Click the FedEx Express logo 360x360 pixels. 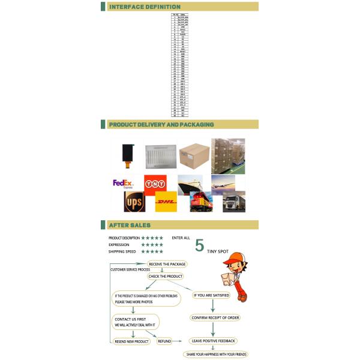(x=123, y=183)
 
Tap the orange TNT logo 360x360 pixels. (x=155, y=182)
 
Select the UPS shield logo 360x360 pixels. (x=134, y=202)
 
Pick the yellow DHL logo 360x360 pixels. (x=166, y=202)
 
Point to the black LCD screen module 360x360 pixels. (x=127, y=155)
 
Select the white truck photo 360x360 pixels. (x=233, y=202)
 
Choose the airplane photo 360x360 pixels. (x=227, y=182)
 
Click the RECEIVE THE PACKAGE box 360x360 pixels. (x=167, y=264)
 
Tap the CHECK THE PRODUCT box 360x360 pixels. (x=165, y=277)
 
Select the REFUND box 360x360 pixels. (x=164, y=341)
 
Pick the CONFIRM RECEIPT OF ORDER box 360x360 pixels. (x=214, y=317)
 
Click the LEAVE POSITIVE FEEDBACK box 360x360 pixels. (x=213, y=341)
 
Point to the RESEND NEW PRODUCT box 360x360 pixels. (x=131, y=341)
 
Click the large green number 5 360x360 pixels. (x=200, y=245)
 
